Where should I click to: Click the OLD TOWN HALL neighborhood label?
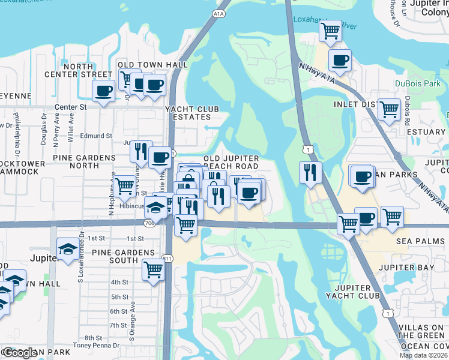[152, 65]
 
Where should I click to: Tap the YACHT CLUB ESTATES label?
[192, 113]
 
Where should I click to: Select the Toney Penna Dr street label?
[93, 345]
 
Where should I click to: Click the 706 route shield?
[150, 223]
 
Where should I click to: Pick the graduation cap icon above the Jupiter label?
[67, 248]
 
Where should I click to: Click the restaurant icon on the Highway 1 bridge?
[310, 172]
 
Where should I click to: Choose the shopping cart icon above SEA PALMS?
[392, 217]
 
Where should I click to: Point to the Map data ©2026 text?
[424, 355]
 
